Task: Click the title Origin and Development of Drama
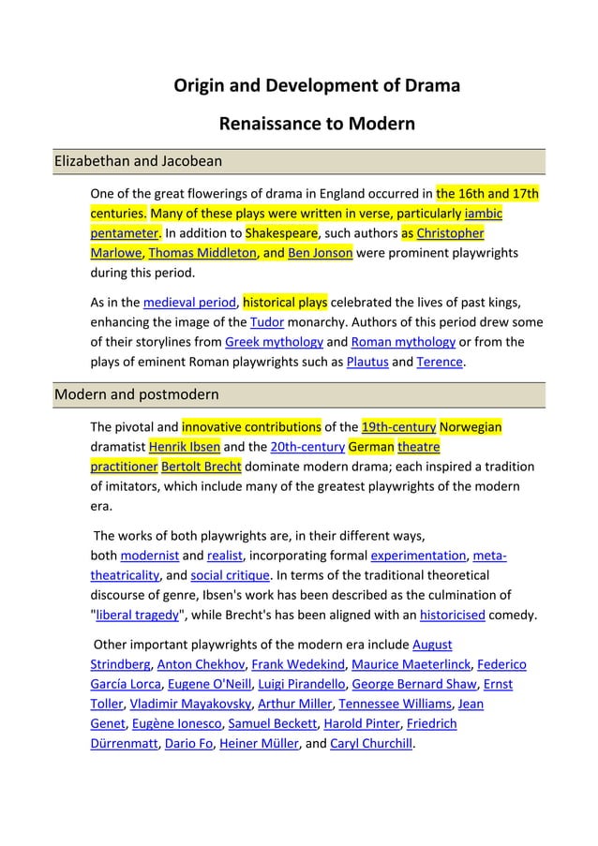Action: click(x=317, y=86)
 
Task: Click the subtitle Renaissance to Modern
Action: click(x=317, y=124)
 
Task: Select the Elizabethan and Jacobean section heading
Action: click(x=138, y=161)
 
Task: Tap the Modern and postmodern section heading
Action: click(x=137, y=393)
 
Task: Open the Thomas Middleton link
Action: click(x=202, y=252)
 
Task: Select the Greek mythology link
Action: click(x=274, y=342)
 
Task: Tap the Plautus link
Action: click(x=366, y=362)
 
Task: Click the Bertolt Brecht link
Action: click(x=201, y=466)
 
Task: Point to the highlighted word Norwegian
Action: click(x=471, y=427)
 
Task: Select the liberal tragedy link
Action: click(x=137, y=615)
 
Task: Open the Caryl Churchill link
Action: click(x=371, y=744)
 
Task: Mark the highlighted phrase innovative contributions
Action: click(x=251, y=427)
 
